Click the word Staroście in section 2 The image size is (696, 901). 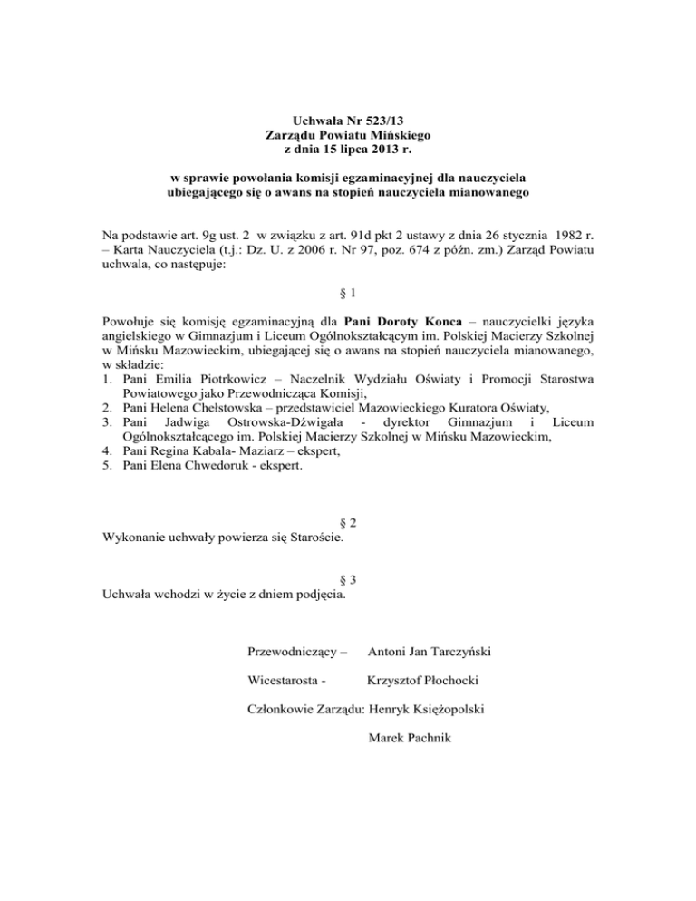coord(324,538)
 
